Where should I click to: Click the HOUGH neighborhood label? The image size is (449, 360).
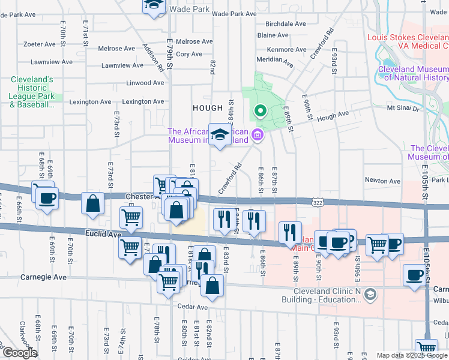point(208,107)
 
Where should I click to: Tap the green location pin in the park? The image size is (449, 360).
point(260,111)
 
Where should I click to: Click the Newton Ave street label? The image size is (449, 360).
point(382,181)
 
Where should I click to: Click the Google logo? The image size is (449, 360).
point(20,353)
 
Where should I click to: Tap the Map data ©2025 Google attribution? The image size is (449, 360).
point(411,355)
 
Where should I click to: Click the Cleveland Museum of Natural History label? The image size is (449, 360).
point(413,73)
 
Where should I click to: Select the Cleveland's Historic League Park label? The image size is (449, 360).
point(32,92)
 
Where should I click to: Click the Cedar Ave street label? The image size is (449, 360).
point(191,307)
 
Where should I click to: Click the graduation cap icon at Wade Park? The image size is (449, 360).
point(153,5)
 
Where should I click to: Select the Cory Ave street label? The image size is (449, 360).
point(189,54)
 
